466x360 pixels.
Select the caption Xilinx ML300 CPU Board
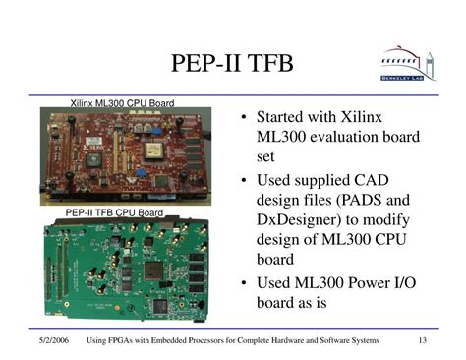122,101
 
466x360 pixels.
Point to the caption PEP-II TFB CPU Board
114,212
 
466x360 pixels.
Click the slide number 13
422,341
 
